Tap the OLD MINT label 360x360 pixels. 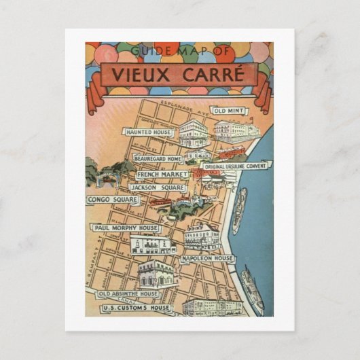point(229,110)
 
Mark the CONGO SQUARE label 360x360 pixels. point(112,200)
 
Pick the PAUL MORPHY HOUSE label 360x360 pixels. point(126,228)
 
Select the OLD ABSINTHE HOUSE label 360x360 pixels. point(128,294)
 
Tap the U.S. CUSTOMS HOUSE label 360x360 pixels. point(135,308)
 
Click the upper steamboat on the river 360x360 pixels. point(239,211)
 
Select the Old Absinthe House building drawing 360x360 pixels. point(156,273)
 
